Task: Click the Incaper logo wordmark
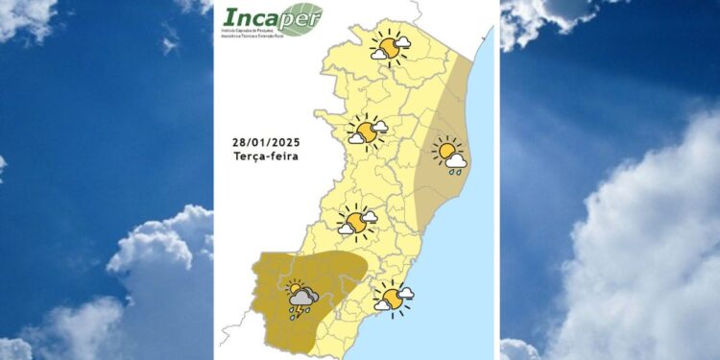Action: (262, 17)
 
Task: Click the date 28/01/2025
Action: (266, 141)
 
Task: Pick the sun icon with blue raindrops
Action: (448, 155)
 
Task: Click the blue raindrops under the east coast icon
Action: (455, 173)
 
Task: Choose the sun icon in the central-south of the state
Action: (355, 222)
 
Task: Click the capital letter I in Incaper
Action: (229, 18)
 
